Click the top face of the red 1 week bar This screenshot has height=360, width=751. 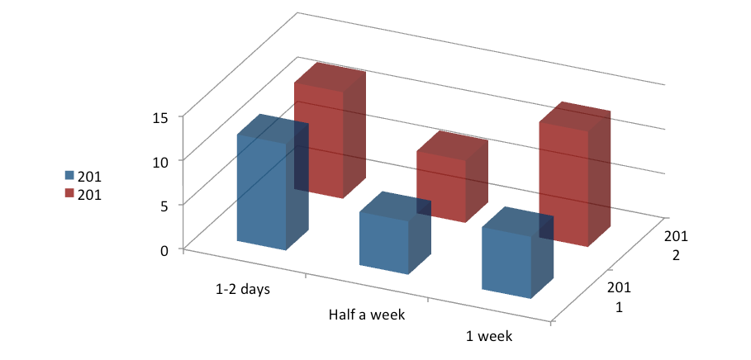click(x=575, y=116)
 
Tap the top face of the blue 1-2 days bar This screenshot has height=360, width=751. click(x=273, y=128)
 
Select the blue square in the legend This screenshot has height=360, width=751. click(x=70, y=176)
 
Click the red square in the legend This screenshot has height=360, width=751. click(x=70, y=193)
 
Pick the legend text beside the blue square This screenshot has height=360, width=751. click(x=90, y=178)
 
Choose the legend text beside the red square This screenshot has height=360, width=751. click(x=90, y=195)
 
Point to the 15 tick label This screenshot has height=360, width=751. click(x=160, y=118)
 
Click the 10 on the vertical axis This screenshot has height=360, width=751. click(x=160, y=163)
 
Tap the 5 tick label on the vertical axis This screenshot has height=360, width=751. click(x=164, y=206)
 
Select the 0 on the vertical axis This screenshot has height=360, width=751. click(x=164, y=251)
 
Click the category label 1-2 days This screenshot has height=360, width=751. click(x=243, y=290)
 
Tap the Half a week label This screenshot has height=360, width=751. click(x=367, y=315)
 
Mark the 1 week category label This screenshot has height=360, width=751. click(x=489, y=336)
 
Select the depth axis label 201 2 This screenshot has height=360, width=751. click(x=675, y=245)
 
